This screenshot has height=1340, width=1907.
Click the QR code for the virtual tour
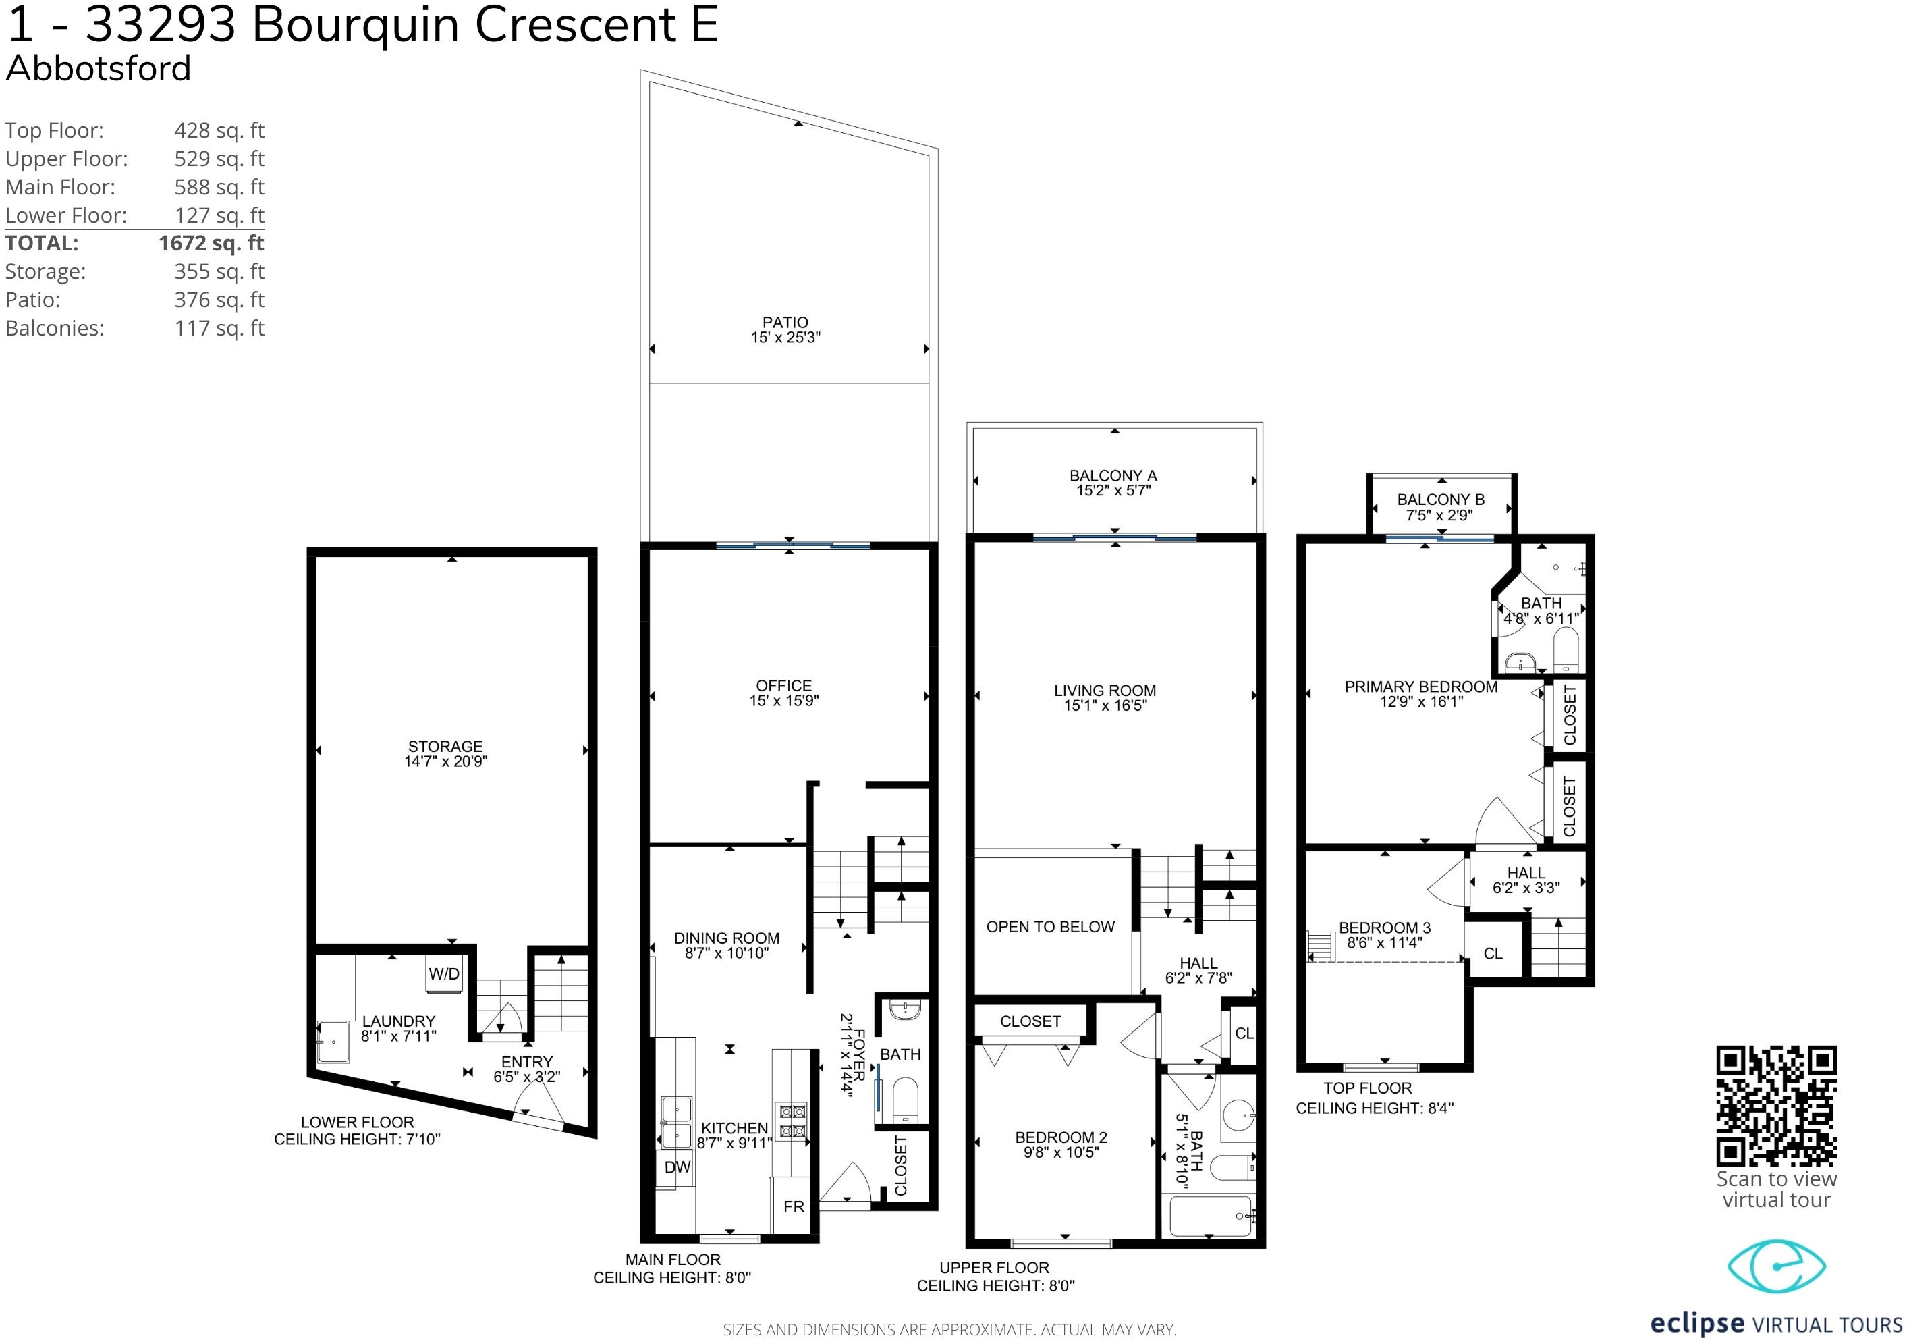pyautogui.click(x=1777, y=1106)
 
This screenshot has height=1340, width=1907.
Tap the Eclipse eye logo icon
pyautogui.click(x=1776, y=1267)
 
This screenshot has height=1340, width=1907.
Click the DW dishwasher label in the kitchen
pyautogui.click(x=677, y=1167)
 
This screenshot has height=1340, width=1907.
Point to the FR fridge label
pyautogui.click(x=794, y=1207)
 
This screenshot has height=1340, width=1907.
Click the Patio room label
pyautogui.click(x=785, y=322)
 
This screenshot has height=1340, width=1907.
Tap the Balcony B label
pyautogui.click(x=1440, y=500)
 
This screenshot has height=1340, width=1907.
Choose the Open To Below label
pyautogui.click(x=1050, y=927)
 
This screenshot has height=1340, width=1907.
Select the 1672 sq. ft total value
pyautogui.click(x=211, y=244)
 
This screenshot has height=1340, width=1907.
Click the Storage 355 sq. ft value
pyautogui.click(x=219, y=271)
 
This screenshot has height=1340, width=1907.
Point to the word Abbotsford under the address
pyautogui.click(x=98, y=68)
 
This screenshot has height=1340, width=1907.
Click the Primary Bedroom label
pyautogui.click(x=1420, y=687)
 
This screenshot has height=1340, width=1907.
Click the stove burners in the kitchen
pyautogui.click(x=791, y=1121)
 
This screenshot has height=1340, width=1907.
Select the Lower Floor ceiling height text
pyautogui.click(x=357, y=1139)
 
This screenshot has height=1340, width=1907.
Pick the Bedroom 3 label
pyautogui.click(x=1385, y=928)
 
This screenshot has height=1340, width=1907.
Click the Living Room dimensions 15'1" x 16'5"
pyautogui.click(x=1105, y=705)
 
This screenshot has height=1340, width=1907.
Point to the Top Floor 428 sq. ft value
pyautogui.click(x=219, y=130)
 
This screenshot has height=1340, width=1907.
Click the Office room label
pyautogui.click(x=783, y=685)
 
